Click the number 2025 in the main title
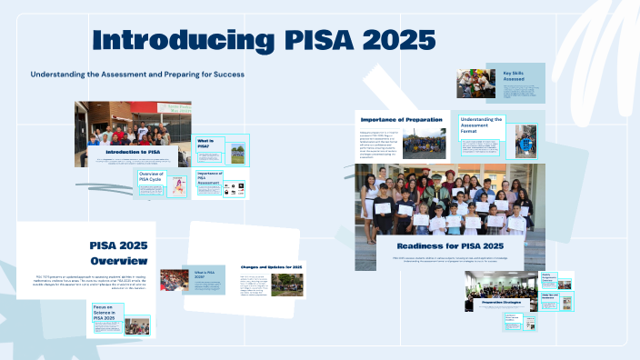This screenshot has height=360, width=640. [x=391, y=41]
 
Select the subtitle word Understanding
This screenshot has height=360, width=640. [x=58, y=75]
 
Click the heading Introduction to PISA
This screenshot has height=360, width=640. [x=133, y=152]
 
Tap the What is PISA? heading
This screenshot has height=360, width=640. [x=206, y=144]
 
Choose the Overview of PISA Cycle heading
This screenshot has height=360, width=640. [x=150, y=176]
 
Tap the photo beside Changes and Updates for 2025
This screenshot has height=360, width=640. [x=288, y=285]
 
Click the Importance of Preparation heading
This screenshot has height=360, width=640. [x=402, y=120]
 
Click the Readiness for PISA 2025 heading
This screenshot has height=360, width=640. [x=450, y=246]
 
